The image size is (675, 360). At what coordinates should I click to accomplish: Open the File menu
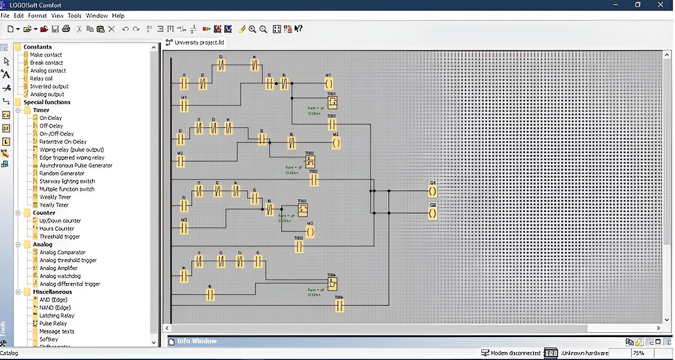pyautogui.click(x=5, y=16)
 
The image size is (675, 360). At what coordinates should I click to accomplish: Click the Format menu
pyautogui.click(x=37, y=16)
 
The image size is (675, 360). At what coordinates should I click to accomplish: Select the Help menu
pyautogui.click(x=118, y=16)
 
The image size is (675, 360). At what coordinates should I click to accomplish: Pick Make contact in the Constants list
pyautogui.click(x=46, y=55)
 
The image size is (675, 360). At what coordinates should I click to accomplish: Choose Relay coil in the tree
pyautogui.click(x=41, y=79)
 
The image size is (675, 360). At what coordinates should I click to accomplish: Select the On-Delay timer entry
pyautogui.click(x=50, y=118)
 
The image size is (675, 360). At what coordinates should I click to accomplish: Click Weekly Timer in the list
pyautogui.click(x=55, y=197)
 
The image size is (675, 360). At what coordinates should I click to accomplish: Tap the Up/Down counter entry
pyautogui.click(x=60, y=221)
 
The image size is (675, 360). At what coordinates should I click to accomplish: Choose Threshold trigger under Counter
pyautogui.click(x=59, y=236)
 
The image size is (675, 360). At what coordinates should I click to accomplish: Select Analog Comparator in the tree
pyautogui.click(x=62, y=253)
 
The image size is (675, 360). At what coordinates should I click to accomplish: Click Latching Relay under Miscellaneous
pyautogui.click(x=57, y=316)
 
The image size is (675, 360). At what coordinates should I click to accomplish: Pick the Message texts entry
pyautogui.click(x=56, y=331)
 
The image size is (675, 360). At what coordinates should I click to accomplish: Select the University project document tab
pyautogui.click(x=198, y=43)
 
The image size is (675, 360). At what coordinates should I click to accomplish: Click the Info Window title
pyautogui.click(x=197, y=341)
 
